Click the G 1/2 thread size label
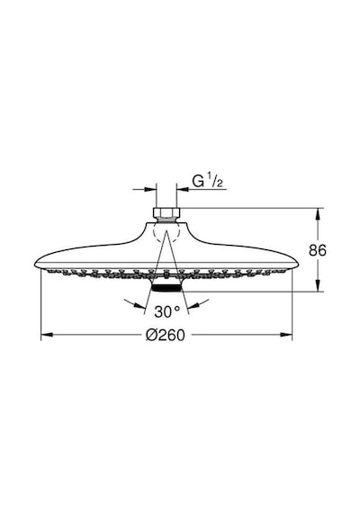208,181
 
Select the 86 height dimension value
318,250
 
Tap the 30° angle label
166,311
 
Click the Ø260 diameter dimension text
166,335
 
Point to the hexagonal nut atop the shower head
166,212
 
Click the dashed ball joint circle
166,232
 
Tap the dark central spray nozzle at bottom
166,288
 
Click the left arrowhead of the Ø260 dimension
47,335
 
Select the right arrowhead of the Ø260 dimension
286,335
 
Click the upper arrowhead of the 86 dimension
318,214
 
